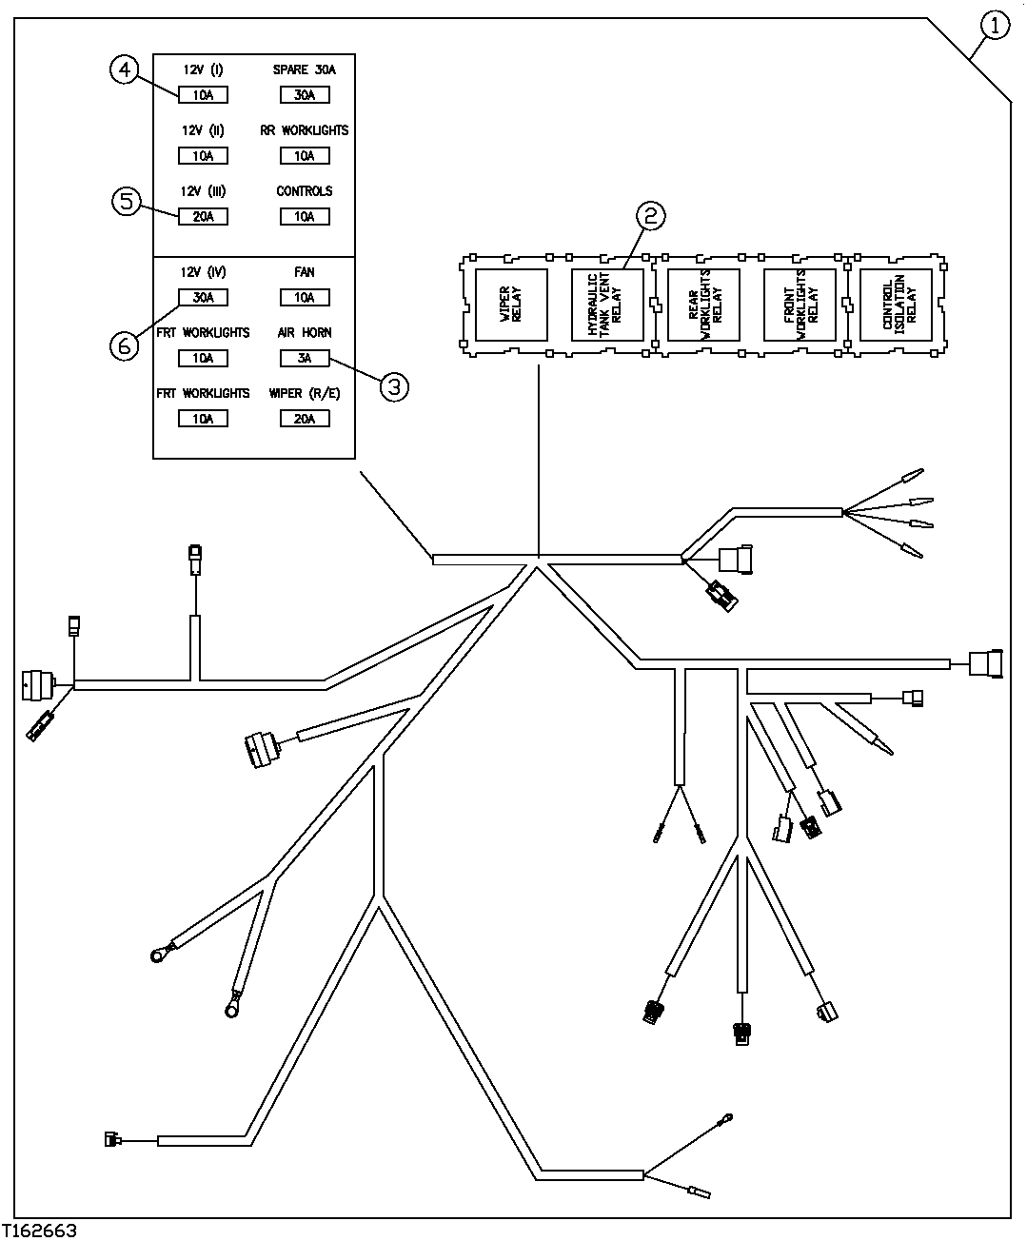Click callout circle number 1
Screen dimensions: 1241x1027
pos(994,26)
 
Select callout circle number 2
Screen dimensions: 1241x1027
pos(650,216)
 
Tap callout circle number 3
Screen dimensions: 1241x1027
pos(394,385)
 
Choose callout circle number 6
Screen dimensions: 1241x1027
pos(124,345)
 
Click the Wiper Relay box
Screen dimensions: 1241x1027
pos(512,305)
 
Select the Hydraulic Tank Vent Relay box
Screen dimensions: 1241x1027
pos(607,305)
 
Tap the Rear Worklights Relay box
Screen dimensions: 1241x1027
pos(704,305)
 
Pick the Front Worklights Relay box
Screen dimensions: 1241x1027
pos(800,305)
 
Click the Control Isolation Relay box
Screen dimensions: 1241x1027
pos(896,305)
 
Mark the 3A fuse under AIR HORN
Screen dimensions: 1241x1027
pos(305,359)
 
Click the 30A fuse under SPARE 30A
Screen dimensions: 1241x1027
pos(305,95)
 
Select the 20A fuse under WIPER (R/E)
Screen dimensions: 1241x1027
pos(305,419)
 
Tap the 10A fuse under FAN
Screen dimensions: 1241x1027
pos(305,298)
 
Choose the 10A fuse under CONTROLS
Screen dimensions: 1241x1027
pos(305,217)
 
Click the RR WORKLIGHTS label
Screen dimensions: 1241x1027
pos(305,130)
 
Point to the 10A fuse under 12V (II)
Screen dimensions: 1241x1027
pos(203,156)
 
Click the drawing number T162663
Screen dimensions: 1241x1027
pos(40,1231)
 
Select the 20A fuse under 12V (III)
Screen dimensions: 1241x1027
pos(203,217)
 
